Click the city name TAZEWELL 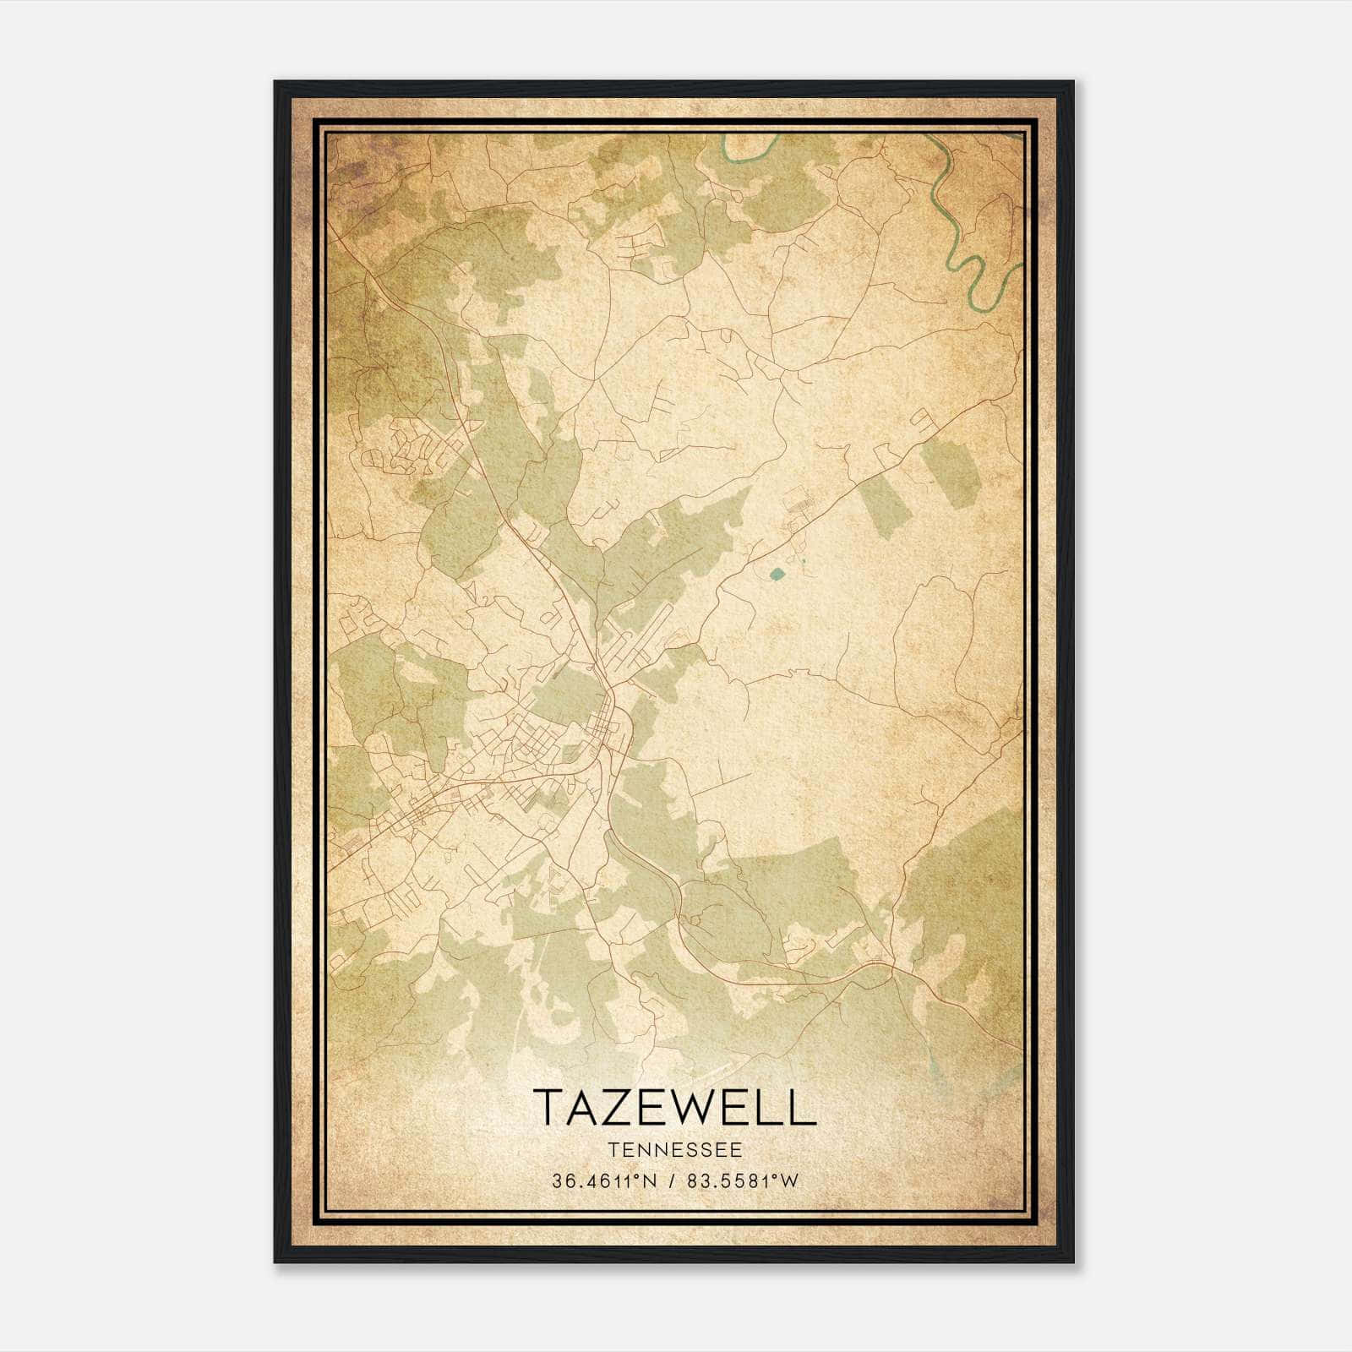pos(674,1107)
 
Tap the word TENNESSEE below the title pos(674,1150)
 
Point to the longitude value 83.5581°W pos(741,1181)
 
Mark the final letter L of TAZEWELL pos(805,1107)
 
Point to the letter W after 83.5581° pos(788,1181)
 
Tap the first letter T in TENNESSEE pos(610,1150)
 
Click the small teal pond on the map pos(777,575)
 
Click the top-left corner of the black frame pos(276,83)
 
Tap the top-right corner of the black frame pos(1072,83)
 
